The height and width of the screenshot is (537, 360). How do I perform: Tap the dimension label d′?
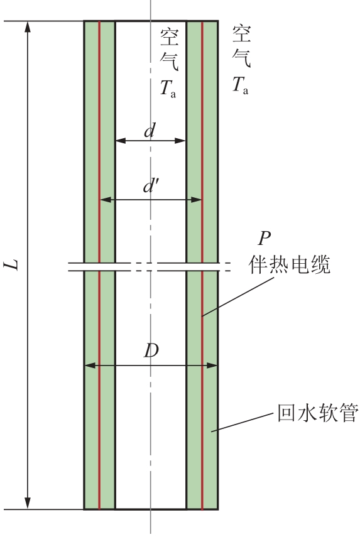[x=150, y=187]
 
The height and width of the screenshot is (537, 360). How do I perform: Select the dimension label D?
[x=151, y=350]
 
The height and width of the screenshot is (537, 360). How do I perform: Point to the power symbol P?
[x=264, y=238]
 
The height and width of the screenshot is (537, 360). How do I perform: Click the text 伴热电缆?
[x=290, y=265]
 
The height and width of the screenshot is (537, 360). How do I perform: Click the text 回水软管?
[x=318, y=413]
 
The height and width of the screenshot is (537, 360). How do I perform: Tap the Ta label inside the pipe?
[x=168, y=88]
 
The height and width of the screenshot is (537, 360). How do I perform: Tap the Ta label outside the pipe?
[x=240, y=85]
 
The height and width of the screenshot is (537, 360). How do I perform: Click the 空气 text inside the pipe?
[x=169, y=50]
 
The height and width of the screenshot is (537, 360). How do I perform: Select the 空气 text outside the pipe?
[x=241, y=46]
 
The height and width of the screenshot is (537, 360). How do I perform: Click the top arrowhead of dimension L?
[x=28, y=27]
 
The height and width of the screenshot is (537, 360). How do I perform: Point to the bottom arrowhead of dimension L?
[x=28, y=504]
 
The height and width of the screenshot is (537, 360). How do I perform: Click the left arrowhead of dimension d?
[x=121, y=141]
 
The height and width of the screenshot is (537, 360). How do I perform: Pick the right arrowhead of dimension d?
[x=180, y=141]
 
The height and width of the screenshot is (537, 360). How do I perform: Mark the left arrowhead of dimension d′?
[x=106, y=199]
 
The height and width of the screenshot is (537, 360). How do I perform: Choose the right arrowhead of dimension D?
[x=212, y=366]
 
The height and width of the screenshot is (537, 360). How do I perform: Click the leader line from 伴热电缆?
[x=238, y=296]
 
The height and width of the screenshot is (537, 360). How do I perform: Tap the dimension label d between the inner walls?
[x=150, y=131]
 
